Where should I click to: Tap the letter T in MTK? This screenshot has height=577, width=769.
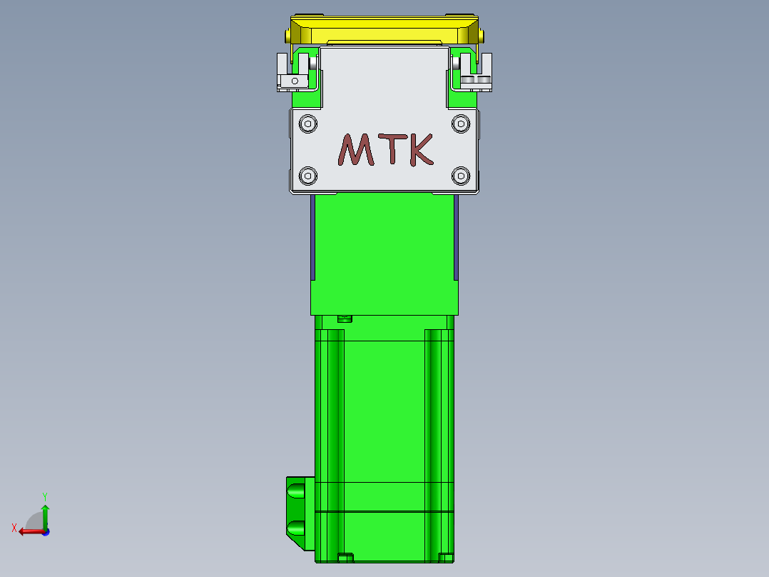click(392, 149)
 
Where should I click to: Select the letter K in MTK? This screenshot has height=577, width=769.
click(422, 150)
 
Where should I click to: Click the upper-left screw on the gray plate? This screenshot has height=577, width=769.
click(308, 124)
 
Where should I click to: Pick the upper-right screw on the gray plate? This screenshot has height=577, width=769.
click(461, 124)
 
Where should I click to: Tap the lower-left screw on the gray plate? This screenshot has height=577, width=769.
click(308, 175)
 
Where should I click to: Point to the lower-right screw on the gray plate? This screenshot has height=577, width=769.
click(461, 175)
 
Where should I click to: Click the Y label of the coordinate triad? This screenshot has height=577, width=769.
click(45, 496)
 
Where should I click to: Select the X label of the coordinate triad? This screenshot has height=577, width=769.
click(14, 528)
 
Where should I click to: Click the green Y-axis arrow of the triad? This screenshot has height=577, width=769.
click(45, 517)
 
